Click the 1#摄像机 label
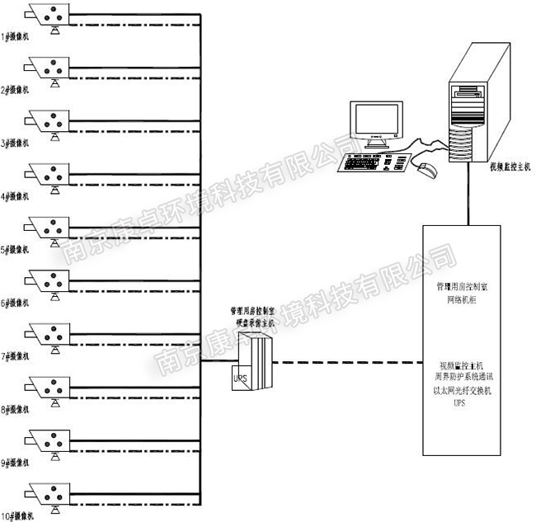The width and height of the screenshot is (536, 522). (x=16, y=35)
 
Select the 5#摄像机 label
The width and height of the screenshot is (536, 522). (x=16, y=248)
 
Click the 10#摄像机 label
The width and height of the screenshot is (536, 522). (x=17, y=515)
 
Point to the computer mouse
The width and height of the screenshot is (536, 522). (x=426, y=171)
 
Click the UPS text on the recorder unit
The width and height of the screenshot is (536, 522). (x=242, y=378)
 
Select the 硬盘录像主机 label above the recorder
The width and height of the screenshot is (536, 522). (x=252, y=324)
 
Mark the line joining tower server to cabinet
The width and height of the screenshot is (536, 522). (x=471, y=198)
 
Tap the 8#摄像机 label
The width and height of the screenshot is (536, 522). (x=16, y=408)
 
